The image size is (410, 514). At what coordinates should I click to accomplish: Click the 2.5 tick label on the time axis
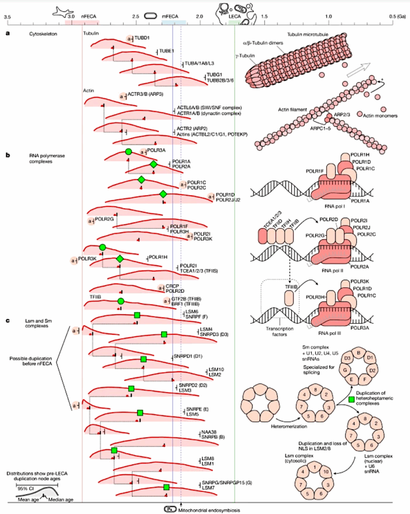coord(135,17)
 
